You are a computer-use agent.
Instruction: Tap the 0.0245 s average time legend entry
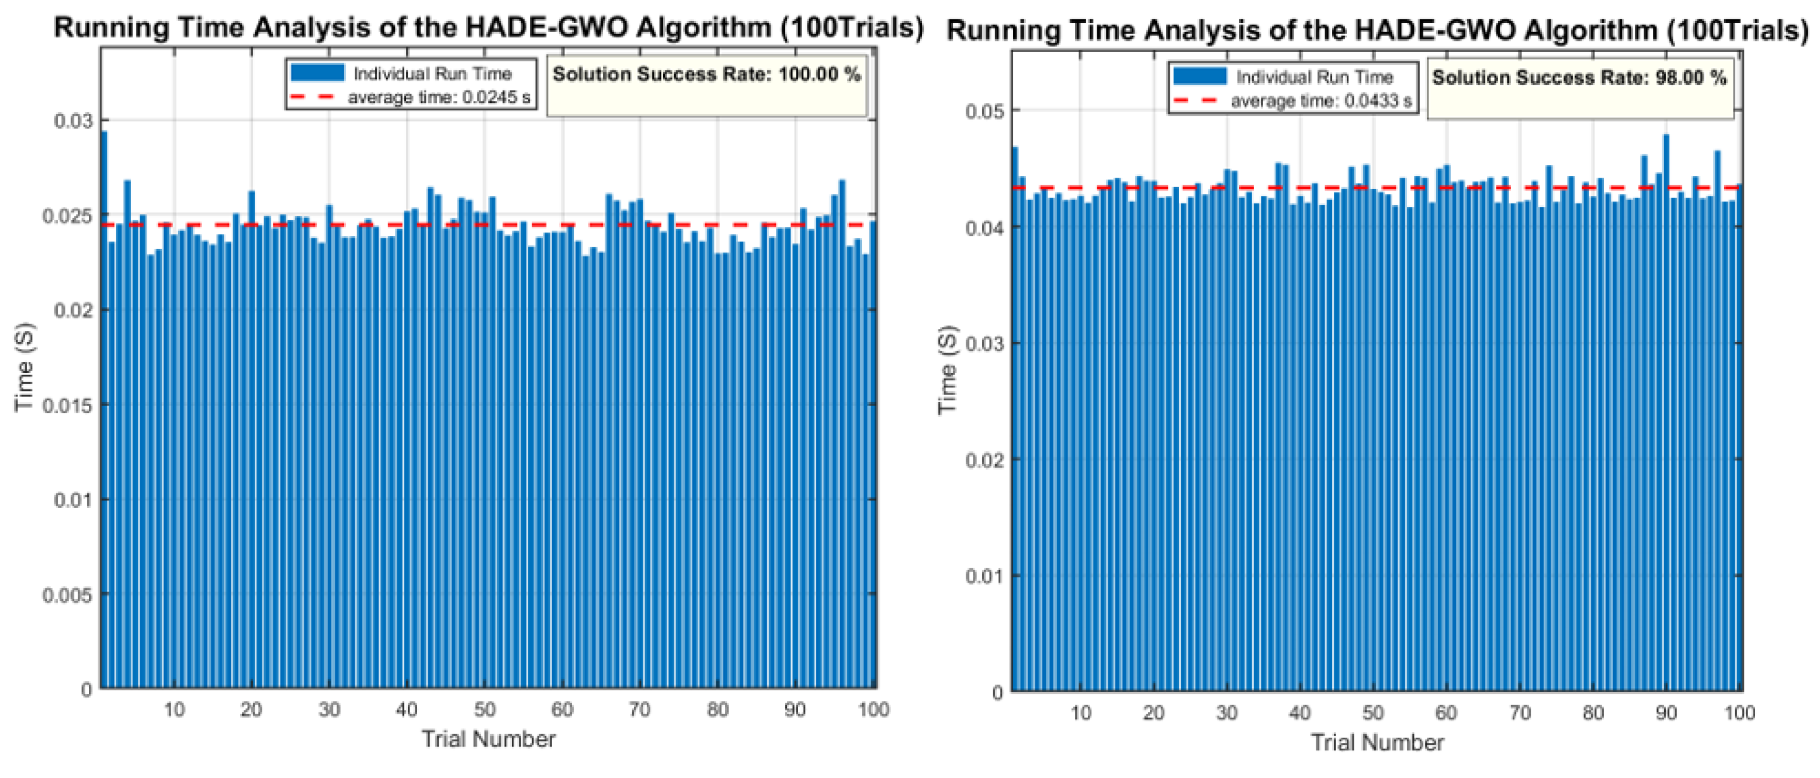[x=438, y=98]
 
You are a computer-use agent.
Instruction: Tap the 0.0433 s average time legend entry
[x=1320, y=101]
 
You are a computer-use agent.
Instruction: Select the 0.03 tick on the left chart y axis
[x=73, y=121]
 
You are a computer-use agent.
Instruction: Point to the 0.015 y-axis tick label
[x=67, y=406]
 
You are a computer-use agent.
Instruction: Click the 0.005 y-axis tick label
[x=67, y=595]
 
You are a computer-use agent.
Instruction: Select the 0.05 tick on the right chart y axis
[x=984, y=111]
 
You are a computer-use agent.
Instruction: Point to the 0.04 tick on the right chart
[x=984, y=228]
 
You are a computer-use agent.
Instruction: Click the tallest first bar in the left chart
[x=104, y=410]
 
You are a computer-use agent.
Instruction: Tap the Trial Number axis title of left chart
[x=488, y=739]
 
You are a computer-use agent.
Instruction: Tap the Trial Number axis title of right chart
[x=1377, y=743]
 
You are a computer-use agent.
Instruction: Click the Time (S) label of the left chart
[x=24, y=368]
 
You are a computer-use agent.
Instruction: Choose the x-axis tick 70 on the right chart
[x=1520, y=713]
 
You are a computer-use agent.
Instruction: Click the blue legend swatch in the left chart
[x=317, y=73]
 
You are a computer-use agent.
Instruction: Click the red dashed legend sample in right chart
[x=1195, y=101]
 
